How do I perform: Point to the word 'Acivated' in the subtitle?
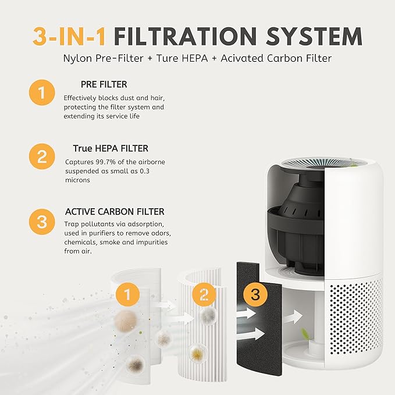(x=259, y=58)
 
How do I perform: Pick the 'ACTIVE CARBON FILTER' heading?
(x=114, y=212)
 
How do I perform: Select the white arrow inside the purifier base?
(x=295, y=318)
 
